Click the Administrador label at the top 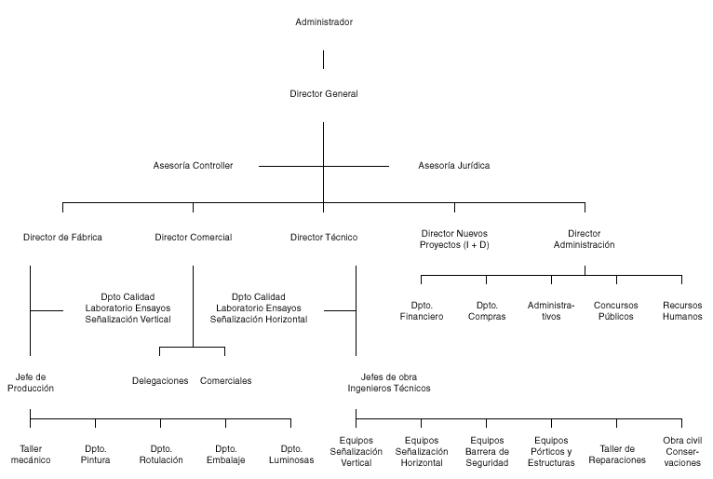point(324,21)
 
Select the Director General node point(324,94)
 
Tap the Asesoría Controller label point(193,166)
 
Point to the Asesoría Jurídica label point(454,166)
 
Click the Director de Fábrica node point(62,238)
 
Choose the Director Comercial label point(194,238)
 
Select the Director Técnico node point(324,238)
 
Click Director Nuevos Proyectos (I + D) point(454,239)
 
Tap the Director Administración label point(585,239)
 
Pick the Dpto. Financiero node point(422,311)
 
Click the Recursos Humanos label point(682,311)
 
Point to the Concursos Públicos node point(616,311)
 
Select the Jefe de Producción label point(31,382)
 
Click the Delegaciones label point(160,380)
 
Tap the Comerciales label point(225,380)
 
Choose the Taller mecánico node point(31,455)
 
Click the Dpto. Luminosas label point(291,455)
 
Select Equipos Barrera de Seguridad point(487,452)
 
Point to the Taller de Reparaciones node point(617,455)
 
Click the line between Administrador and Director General point(323,60)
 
